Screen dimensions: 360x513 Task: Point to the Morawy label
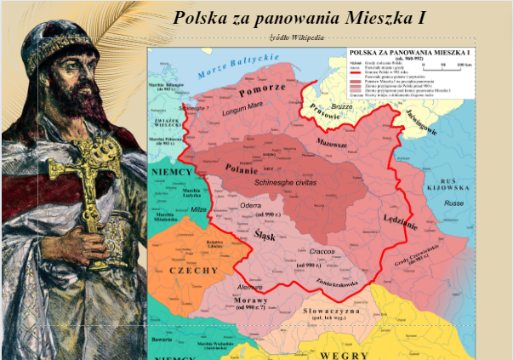pyautogui.click(x=252, y=300)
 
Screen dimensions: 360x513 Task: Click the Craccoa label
pyautogui.click(x=320, y=251)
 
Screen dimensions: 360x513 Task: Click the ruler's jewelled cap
pyautogui.click(x=65, y=47)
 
